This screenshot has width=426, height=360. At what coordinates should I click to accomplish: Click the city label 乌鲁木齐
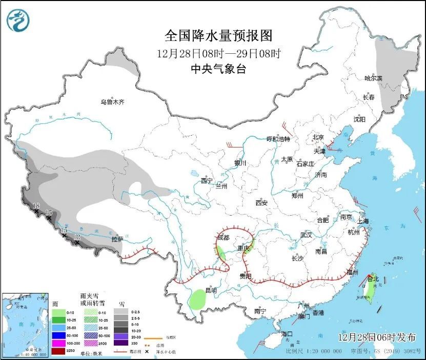[112, 102]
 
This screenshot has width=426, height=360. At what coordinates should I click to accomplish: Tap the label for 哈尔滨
[374, 78]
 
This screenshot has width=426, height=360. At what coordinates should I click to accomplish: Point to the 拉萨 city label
[117, 239]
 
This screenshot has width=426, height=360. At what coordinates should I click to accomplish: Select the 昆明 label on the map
[211, 290]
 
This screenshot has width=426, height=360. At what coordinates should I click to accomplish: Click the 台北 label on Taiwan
[373, 279]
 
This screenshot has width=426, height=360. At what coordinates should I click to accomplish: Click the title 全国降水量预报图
[218, 35]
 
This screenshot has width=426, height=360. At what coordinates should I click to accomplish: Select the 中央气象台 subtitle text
[218, 69]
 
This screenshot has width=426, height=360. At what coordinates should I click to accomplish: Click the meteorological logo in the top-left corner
[18, 20]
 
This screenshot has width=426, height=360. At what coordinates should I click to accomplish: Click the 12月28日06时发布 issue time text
[377, 337]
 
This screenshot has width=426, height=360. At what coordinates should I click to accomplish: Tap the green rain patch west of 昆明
[196, 299]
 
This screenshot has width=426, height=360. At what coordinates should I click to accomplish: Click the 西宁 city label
[207, 180]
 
